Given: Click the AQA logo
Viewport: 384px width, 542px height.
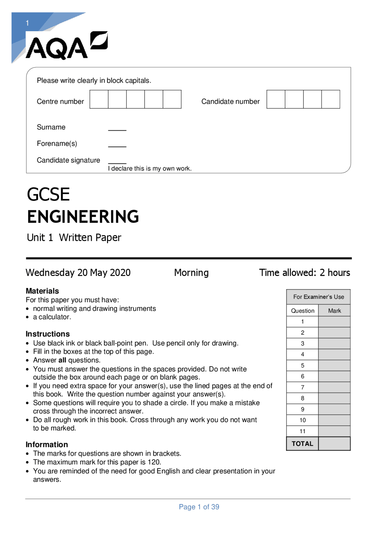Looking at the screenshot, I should [x=67, y=46].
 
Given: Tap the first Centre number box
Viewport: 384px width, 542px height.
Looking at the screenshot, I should [x=99, y=99].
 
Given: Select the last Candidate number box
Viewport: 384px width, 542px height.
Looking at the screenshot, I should [x=331, y=99].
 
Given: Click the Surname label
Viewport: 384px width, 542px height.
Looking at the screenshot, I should [x=51, y=127].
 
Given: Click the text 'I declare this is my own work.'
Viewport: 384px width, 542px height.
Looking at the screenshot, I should [x=150, y=169].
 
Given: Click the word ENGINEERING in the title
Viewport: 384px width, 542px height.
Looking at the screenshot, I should [x=83, y=217].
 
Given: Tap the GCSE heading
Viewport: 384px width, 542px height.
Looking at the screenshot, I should [x=48, y=194].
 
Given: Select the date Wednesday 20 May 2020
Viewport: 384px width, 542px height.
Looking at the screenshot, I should [x=78, y=273].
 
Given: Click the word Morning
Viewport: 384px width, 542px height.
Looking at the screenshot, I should [x=191, y=273].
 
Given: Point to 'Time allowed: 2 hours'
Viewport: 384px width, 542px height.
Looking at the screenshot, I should [x=304, y=273].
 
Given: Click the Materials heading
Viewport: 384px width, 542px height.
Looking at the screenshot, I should [x=42, y=291].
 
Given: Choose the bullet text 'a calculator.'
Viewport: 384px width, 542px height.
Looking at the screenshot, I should [x=52, y=317].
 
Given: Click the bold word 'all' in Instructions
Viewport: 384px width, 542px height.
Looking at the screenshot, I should [x=62, y=360].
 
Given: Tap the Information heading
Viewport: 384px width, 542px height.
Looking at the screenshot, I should [x=47, y=445].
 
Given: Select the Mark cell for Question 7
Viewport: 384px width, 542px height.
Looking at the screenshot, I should [x=334, y=387].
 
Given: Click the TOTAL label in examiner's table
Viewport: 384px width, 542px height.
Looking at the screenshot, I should [x=302, y=444].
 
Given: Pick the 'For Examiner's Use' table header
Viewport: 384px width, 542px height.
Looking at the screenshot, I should [x=319, y=297].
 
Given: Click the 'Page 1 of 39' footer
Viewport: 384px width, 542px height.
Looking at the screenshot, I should [x=199, y=507].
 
